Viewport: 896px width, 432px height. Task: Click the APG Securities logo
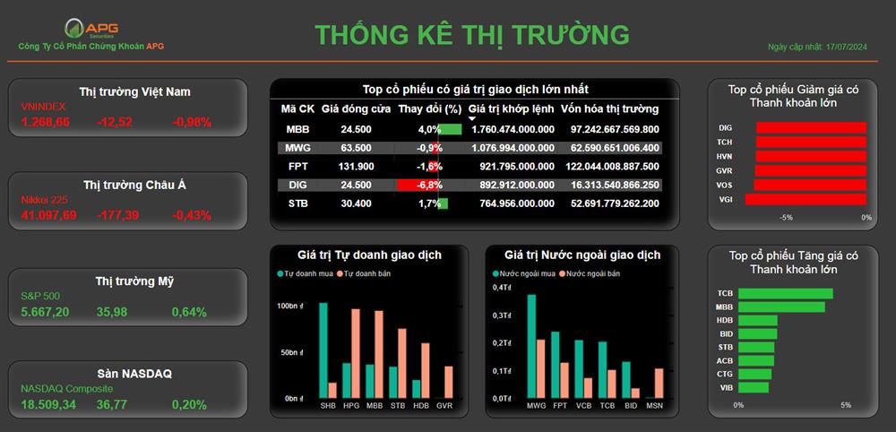[x=91, y=28]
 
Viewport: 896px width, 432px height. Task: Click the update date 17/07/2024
[x=847, y=47]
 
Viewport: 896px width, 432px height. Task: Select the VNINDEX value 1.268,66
[x=45, y=122]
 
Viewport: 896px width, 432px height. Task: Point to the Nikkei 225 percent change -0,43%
[x=192, y=215]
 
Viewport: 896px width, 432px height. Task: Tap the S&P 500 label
[x=40, y=296]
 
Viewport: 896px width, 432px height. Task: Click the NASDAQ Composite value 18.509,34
[x=48, y=404]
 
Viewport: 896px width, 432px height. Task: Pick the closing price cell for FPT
[x=356, y=167]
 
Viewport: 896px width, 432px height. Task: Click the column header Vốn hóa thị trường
[x=609, y=108]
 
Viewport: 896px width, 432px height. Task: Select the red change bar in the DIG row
[x=418, y=186]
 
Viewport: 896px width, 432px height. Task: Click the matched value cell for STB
[x=513, y=203]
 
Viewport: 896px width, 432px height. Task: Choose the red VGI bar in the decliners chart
[x=806, y=199]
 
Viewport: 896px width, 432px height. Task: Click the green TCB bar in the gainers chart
[x=786, y=294]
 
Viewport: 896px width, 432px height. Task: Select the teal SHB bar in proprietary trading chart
[x=323, y=350]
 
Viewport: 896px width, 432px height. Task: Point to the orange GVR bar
[x=449, y=383]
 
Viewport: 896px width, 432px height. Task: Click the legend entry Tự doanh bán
[x=364, y=273]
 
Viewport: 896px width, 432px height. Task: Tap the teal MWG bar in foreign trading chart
[x=531, y=346]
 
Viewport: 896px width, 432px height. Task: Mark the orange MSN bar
[x=659, y=384]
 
